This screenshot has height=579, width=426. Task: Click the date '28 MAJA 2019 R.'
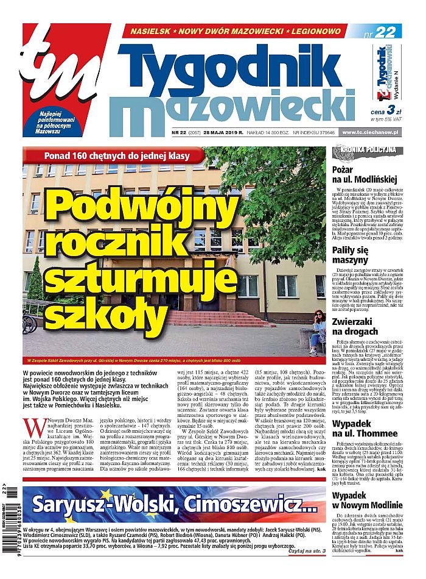[225, 132]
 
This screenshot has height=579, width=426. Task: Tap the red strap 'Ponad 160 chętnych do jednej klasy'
[113, 155]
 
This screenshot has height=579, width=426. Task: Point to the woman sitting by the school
[318, 332]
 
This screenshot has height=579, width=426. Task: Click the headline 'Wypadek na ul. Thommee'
[361, 446]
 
